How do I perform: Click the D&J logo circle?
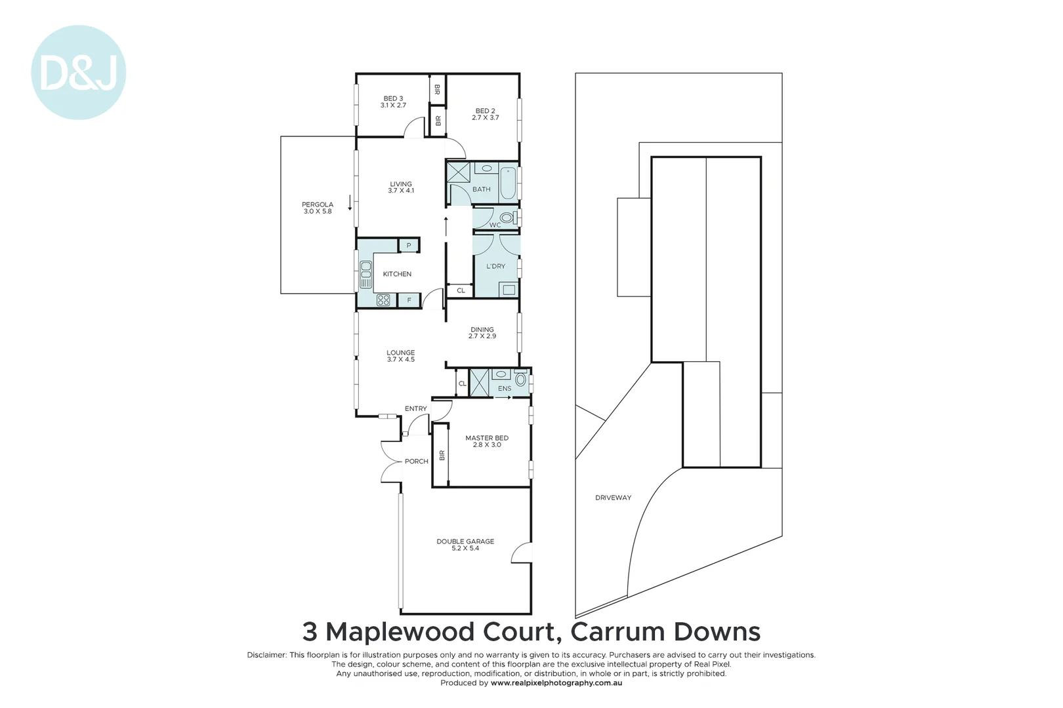(78, 73)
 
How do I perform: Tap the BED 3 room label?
(393, 99)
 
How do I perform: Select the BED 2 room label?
(485, 111)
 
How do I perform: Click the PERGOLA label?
(318, 205)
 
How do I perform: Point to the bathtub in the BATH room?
(508, 184)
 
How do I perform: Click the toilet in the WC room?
(507, 218)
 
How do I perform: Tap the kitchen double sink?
(365, 274)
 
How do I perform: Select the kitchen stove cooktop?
(383, 300)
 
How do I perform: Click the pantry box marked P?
(409, 246)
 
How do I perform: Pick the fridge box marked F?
(409, 300)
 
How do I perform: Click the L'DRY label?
(495, 266)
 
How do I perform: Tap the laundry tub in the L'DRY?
(508, 289)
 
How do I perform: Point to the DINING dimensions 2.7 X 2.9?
(482, 336)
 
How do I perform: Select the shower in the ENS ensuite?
(479, 383)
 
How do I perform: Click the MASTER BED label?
(487, 438)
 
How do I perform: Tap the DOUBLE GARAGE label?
(465, 541)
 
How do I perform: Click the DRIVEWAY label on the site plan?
(613, 498)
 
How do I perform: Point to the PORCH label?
(416, 462)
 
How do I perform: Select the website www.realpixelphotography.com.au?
(556, 683)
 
